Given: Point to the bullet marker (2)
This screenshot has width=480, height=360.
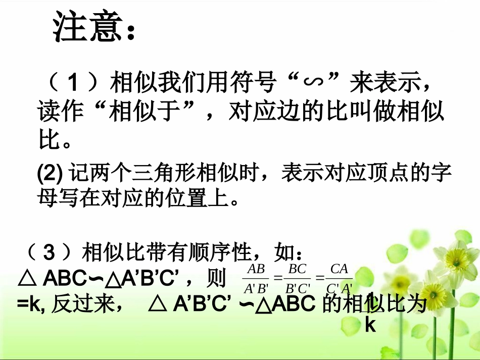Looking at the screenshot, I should click(x=50, y=173).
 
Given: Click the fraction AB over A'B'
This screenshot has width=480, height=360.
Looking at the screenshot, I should click(x=256, y=279).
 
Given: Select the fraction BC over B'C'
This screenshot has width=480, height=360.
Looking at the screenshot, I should click(x=297, y=279).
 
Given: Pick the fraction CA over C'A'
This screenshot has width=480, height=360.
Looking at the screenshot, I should click(x=339, y=279).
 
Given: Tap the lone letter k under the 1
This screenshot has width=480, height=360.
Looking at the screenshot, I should click(x=370, y=325).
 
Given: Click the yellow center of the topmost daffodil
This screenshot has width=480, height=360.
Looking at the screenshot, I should click(x=461, y=259).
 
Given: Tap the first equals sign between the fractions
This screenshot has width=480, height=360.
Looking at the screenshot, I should click(x=277, y=278).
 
